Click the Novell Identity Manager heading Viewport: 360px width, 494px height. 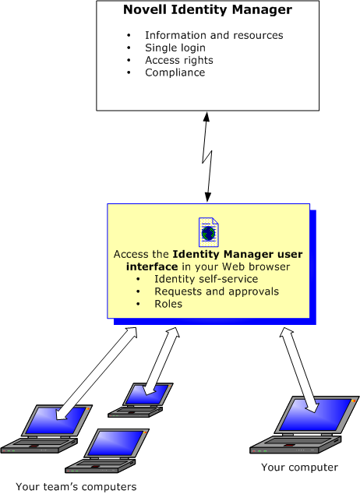[207, 11]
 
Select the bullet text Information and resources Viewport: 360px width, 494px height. [214, 35]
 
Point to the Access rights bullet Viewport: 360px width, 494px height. [178, 60]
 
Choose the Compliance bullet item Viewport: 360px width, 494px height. [175, 72]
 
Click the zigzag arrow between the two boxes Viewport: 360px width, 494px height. [206, 157]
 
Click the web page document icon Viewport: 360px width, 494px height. [209, 232]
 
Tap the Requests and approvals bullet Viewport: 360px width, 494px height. [217, 291]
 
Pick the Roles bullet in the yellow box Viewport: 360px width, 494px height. [168, 304]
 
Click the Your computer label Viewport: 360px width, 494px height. [300, 468]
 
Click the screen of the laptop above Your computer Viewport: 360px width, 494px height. [313, 413]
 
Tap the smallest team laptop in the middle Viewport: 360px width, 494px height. [140, 398]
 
